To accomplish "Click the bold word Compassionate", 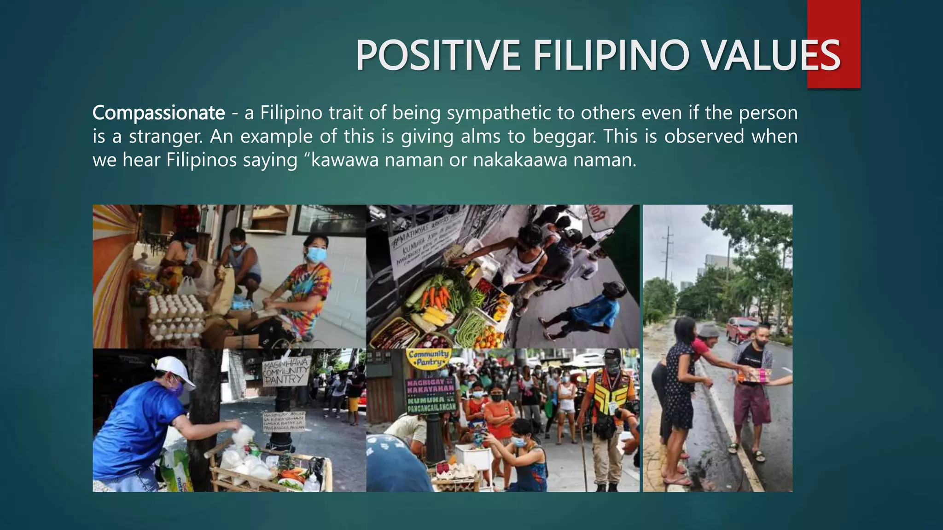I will coord(159,113).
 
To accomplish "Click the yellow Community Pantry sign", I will coord(428,357).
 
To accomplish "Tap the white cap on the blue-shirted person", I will coord(175,368).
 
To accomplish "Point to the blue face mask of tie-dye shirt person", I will coord(316,254).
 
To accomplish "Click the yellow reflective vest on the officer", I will coord(610,393).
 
